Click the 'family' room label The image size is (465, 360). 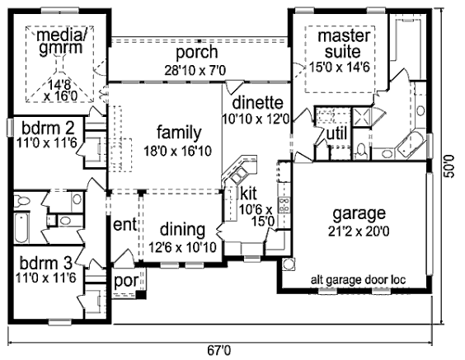[x=179, y=133]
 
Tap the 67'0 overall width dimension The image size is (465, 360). [x=219, y=351]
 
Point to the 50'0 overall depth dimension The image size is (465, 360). [x=450, y=166]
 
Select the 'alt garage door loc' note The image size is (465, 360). [x=359, y=280]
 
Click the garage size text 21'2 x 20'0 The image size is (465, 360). [x=359, y=231]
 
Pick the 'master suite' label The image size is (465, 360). [x=344, y=44]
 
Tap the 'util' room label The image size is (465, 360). [x=336, y=134]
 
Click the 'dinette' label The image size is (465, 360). [x=257, y=103]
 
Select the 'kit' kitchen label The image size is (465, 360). [x=249, y=194]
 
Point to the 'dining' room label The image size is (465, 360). [x=182, y=230]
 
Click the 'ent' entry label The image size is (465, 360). [x=124, y=225]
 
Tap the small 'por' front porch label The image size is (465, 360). [x=126, y=281]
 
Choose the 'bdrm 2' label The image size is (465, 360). [x=49, y=128]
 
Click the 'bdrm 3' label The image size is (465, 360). [x=46, y=263]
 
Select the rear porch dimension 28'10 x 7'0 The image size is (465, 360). [x=195, y=71]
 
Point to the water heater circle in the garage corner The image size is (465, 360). [x=289, y=264]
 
